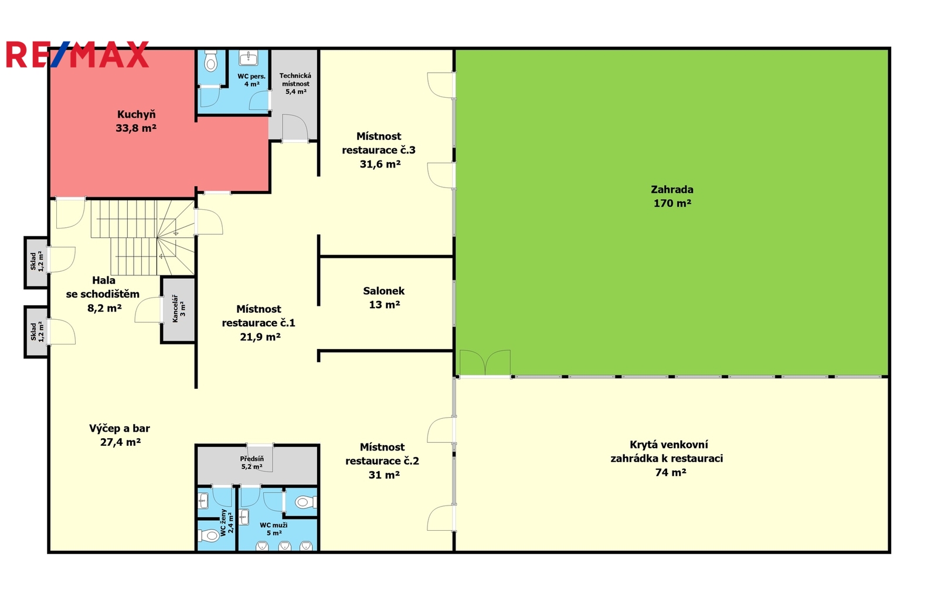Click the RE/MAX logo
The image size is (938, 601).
point(77,54)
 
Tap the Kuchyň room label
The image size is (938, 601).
point(136,121)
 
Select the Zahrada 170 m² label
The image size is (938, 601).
point(672,196)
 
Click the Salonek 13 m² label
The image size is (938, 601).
point(384,298)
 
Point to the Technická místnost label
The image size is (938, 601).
point(295,83)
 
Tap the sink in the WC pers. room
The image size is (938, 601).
point(249,58)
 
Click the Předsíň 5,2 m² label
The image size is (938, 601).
point(252,463)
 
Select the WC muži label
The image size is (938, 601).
point(273,529)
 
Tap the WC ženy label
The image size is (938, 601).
point(226,523)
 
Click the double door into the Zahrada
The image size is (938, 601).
point(485,363)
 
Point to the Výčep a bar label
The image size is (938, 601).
point(120,435)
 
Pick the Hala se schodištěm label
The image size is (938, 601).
point(103,294)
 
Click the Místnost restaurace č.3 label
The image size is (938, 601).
point(379,150)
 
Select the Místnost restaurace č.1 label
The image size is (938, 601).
point(259,323)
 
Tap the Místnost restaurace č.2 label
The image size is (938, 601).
point(382,461)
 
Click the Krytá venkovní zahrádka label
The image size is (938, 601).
point(667,458)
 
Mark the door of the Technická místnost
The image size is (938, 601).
point(295,128)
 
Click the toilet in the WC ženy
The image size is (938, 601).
point(208,535)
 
